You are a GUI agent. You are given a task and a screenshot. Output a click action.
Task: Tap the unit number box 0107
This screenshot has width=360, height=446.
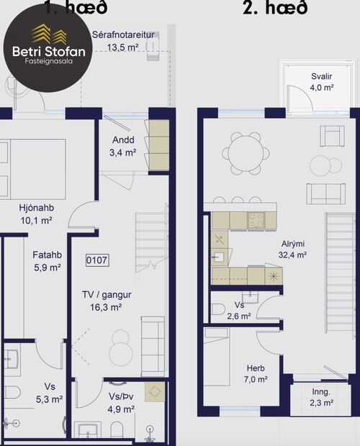(97, 260)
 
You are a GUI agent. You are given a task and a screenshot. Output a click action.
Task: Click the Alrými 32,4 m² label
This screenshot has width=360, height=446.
(293, 249)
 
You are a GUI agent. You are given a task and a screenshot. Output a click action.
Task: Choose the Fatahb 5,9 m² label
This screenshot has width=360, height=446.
(46, 260)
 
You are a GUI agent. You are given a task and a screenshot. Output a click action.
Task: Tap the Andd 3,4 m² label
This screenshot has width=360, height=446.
(123, 146)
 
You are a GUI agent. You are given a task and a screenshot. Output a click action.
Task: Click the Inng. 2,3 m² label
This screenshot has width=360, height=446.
(321, 397)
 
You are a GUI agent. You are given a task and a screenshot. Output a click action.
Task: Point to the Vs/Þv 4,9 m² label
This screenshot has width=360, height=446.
(121, 403)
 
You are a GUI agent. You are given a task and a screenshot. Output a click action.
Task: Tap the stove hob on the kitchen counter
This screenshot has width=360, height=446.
(256, 220)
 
